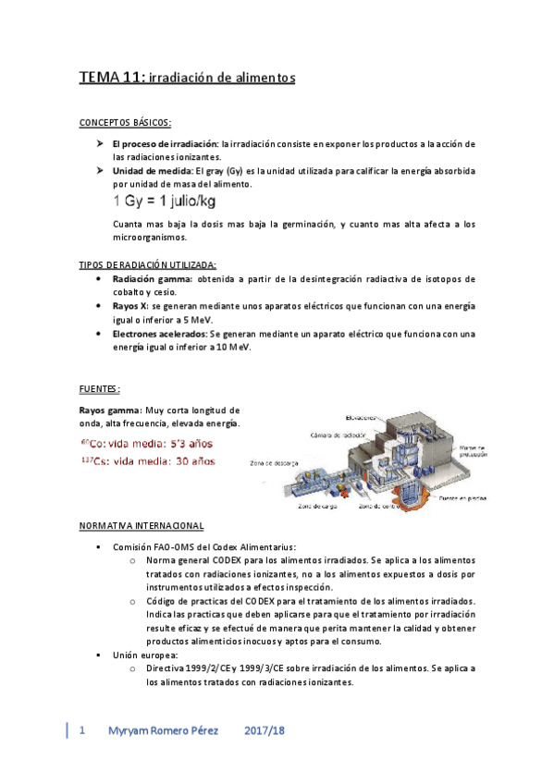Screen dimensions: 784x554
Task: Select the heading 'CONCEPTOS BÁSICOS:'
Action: pyautogui.click(x=125, y=123)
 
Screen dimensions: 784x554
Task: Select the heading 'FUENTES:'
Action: pyautogui.click(x=99, y=388)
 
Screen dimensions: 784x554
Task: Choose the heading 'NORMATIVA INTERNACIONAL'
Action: pyautogui.click(x=142, y=526)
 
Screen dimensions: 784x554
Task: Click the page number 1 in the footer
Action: pyautogui.click(x=83, y=730)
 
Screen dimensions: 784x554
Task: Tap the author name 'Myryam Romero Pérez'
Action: pyautogui.click(x=163, y=730)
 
